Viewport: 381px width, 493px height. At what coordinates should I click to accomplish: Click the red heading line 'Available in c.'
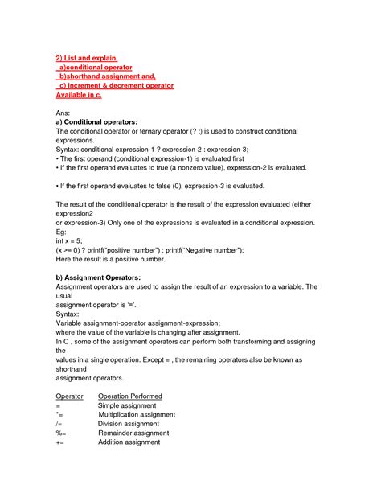point(79,95)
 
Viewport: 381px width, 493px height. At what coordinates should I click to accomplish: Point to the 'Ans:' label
point(64,113)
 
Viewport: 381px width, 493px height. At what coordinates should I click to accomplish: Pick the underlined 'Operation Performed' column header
point(129,396)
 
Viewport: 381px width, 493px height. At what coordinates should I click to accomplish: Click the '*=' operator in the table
point(59,414)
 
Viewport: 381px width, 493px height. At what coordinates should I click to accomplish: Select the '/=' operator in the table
point(59,424)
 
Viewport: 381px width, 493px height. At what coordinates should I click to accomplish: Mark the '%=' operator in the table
point(61,433)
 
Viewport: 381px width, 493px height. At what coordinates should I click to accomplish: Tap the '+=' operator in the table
point(60,442)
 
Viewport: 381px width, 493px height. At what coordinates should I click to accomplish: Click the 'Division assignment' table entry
point(129,424)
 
